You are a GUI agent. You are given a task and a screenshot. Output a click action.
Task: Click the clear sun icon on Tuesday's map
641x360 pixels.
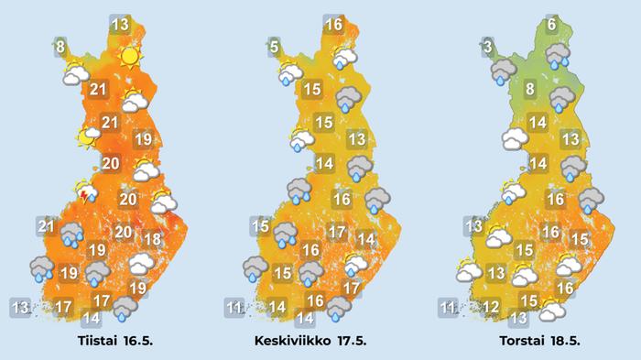tap(129, 57)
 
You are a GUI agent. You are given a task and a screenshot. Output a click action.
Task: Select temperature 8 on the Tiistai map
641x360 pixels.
tap(60, 46)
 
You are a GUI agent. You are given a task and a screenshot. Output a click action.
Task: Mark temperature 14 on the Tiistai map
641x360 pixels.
tap(91, 319)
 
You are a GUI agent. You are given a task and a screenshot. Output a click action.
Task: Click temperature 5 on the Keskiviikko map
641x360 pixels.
tap(274, 46)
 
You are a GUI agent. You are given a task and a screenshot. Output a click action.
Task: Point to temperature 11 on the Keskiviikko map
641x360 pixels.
tap(235, 307)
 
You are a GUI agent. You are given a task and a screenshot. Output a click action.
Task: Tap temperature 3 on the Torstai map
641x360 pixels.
tap(489, 46)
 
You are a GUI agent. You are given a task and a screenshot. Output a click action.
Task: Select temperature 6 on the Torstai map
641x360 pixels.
tap(550, 25)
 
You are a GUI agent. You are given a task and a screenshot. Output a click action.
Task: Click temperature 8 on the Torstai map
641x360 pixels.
tap(529, 89)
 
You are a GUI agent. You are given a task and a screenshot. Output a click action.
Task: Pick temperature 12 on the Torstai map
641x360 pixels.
tap(491, 307)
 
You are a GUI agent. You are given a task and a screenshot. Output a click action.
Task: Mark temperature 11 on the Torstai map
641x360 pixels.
tap(448, 307)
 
